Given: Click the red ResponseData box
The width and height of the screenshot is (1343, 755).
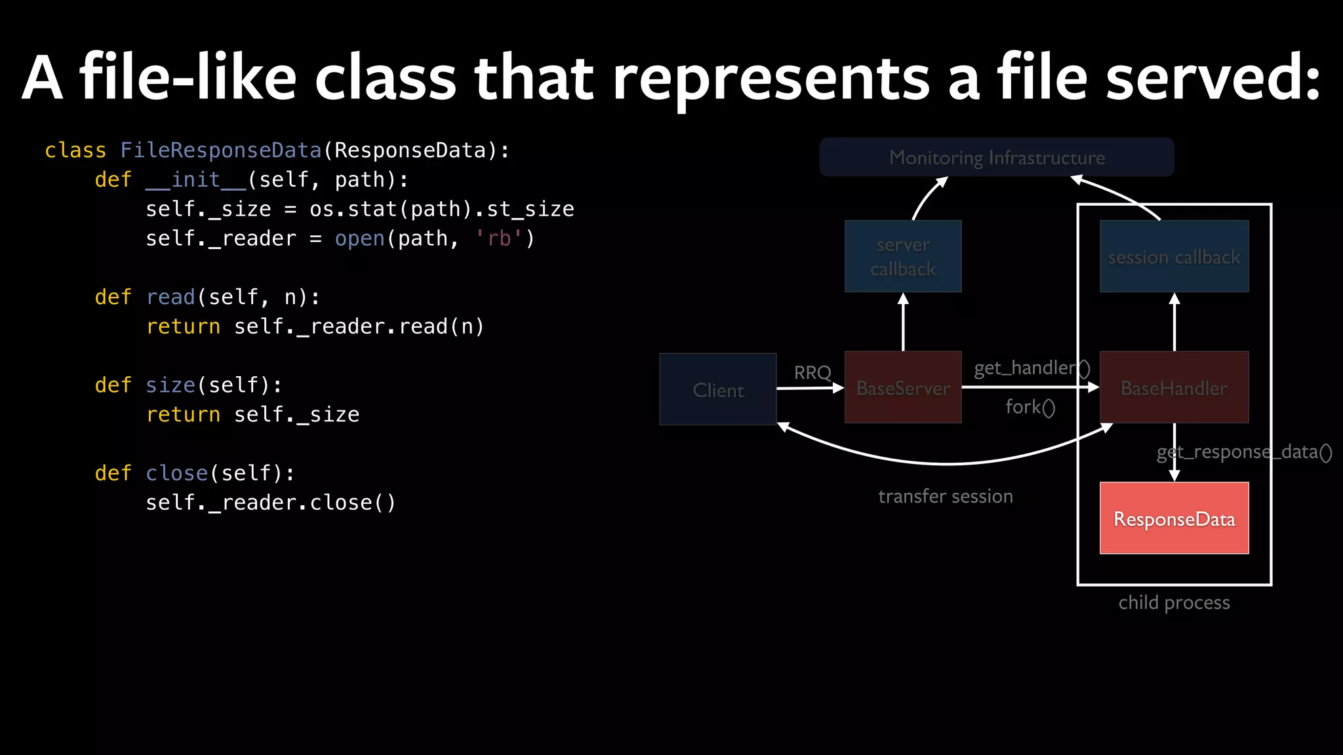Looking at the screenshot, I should (x=1174, y=518).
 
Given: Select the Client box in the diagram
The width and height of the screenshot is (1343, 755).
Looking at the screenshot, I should (x=718, y=390).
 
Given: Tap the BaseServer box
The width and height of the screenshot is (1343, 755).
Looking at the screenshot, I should (x=903, y=388).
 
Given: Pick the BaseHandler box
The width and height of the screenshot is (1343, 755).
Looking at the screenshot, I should (x=1174, y=388).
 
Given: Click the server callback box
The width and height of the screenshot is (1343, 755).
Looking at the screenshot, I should (x=903, y=256).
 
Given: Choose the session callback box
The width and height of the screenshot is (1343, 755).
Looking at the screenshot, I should (x=1174, y=257).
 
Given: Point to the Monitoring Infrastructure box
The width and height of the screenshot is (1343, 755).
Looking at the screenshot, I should (x=997, y=157).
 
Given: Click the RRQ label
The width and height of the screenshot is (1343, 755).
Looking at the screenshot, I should (x=812, y=373).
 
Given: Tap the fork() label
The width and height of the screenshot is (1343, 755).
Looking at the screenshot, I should (x=1030, y=407).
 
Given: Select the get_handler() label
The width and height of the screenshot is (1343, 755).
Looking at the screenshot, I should (x=1032, y=368).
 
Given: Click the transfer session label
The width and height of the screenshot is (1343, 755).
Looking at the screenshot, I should (x=946, y=496).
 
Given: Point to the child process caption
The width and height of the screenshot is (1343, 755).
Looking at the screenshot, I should (x=1174, y=602).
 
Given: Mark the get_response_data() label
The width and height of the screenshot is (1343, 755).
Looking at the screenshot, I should (x=1244, y=452).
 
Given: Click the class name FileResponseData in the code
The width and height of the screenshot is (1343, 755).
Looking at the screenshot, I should (x=221, y=151).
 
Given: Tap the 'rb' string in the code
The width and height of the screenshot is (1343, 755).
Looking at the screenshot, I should (x=499, y=239).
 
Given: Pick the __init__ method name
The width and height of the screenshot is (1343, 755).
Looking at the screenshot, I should (x=195, y=180).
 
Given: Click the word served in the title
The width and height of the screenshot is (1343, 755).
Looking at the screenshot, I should (x=1213, y=77).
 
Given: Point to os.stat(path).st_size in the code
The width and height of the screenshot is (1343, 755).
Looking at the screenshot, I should (x=441, y=209).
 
